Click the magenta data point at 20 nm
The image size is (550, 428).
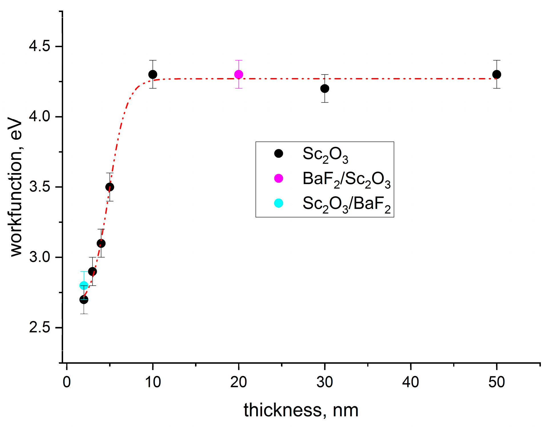238,75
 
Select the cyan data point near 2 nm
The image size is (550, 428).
84,285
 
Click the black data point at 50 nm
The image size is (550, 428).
497,75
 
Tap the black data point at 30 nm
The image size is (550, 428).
325,89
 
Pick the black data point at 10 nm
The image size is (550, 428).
153,75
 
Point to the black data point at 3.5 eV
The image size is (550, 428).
110,187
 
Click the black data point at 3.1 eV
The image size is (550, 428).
101,243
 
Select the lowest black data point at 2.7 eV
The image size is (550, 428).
84,300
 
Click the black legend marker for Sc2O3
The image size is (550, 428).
278,153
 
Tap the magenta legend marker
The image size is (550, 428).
278,178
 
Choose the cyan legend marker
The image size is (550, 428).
278,203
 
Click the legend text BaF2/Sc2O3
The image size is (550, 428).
346,179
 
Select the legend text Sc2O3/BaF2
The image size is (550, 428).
346,204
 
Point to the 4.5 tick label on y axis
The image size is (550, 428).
39,46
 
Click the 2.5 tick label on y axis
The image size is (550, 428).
39,327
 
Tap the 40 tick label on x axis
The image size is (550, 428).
410,382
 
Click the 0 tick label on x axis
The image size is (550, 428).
67,382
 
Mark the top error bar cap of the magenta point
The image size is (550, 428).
238,60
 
